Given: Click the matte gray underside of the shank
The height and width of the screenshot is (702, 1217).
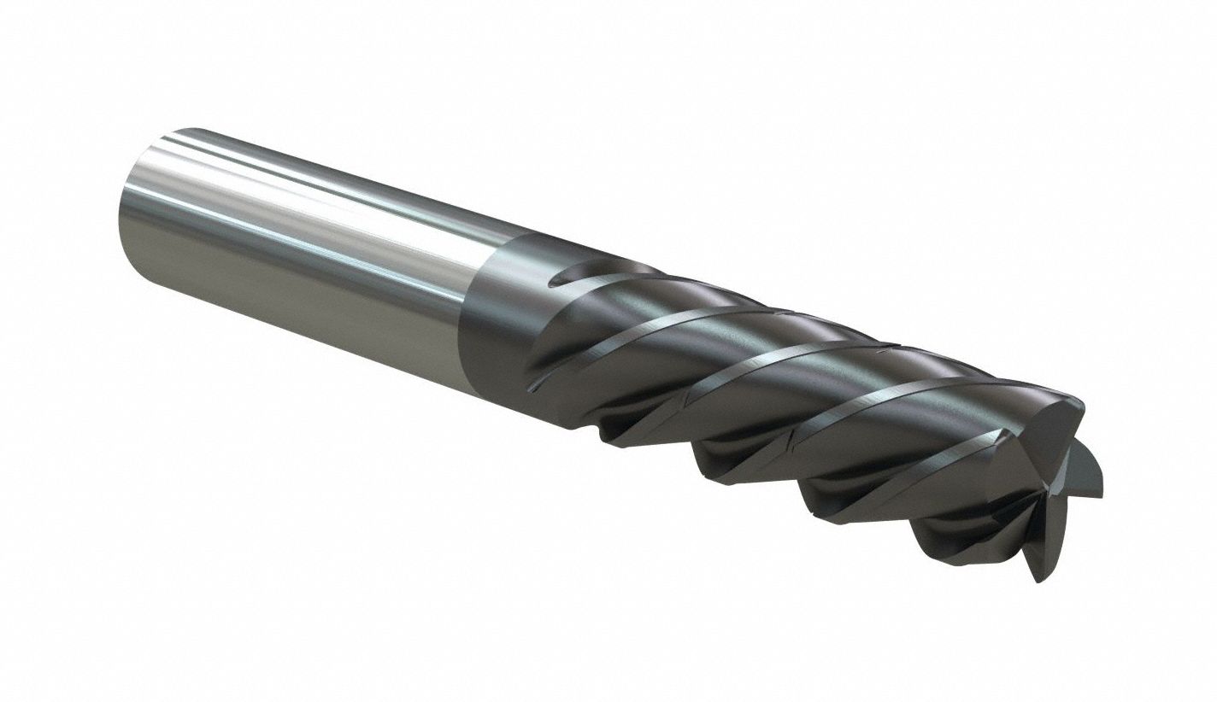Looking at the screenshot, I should (x=299, y=299).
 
